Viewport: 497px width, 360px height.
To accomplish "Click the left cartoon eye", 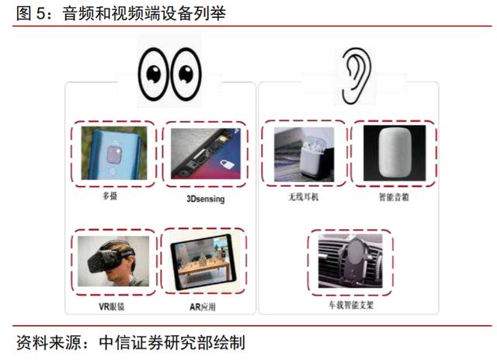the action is [x=154, y=74].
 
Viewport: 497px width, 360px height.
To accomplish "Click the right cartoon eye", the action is [x=186, y=74].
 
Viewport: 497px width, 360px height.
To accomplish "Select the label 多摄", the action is [x=109, y=196].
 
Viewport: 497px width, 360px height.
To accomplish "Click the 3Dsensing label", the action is [x=205, y=199].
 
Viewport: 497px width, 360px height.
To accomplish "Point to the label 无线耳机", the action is [x=303, y=197].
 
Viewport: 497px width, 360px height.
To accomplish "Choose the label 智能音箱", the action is [x=394, y=197].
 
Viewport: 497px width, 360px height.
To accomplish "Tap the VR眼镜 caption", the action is [x=112, y=306].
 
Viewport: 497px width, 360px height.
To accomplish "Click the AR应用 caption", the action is [x=203, y=306].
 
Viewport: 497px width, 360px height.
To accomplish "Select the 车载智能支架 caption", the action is [x=351, y=305].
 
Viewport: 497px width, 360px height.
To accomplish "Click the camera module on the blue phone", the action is [x=114, y=154].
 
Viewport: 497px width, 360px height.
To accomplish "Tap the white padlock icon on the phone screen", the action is [x=227, y=164].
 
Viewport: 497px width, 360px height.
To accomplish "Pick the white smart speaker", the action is [x=394, y=152].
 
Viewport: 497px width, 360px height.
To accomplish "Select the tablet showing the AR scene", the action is [x=203, y=261].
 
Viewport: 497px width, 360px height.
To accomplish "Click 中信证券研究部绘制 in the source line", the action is [x=172, y=343].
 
